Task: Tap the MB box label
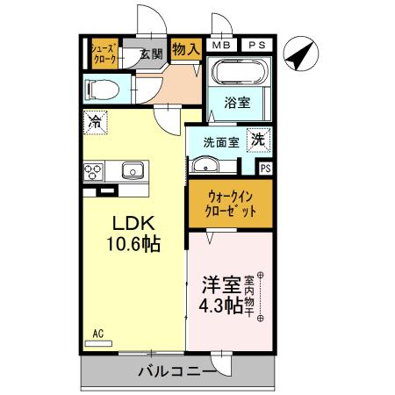pos(221,45)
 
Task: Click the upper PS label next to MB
pos(255,45)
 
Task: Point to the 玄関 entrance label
pos(151,54)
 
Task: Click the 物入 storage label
pos(185,51)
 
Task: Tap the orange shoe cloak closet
pos(105,54)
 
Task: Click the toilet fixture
pos(99,89)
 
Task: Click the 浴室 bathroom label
pos(238,103)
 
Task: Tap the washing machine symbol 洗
pos(259,139)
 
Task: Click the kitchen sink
pos(133,169)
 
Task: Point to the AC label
pos(98,334)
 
